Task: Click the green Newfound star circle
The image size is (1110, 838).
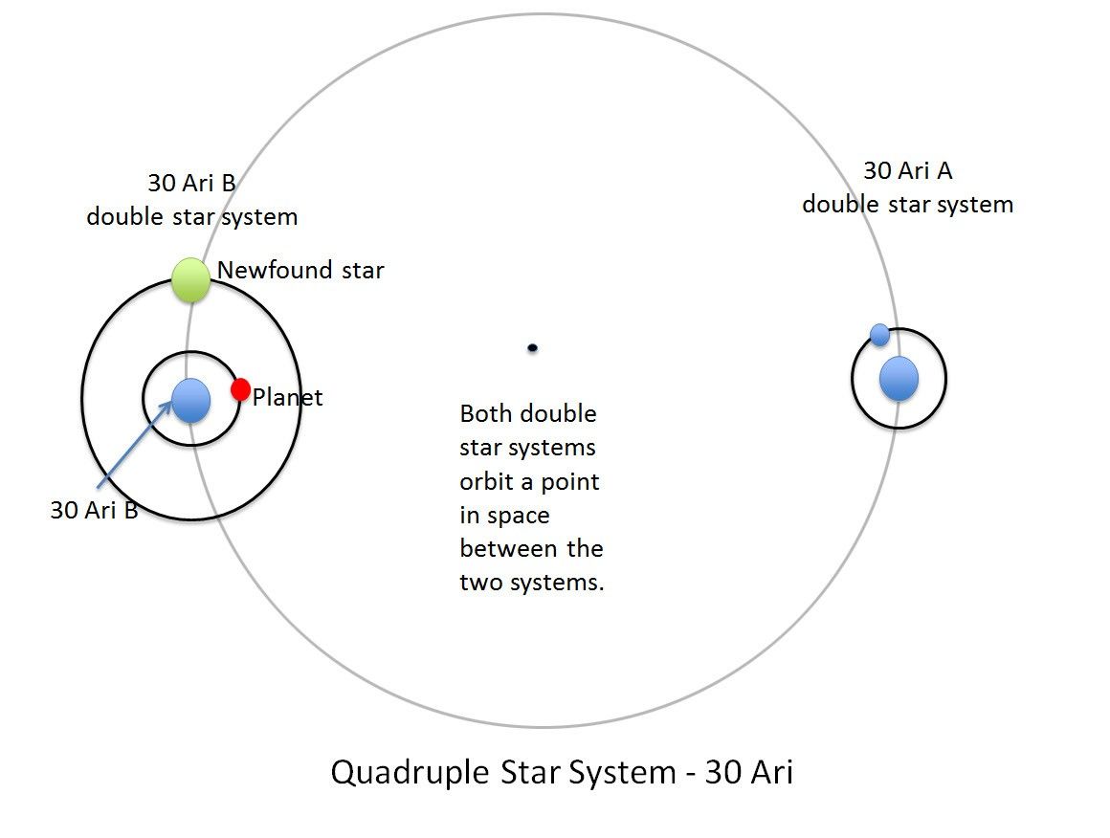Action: [190, 280]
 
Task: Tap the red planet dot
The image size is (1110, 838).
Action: [241, 389]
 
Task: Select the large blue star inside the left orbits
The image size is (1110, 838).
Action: [191, 400]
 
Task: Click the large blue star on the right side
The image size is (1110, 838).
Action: [899, 378]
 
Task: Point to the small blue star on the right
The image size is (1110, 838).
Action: [880, 335]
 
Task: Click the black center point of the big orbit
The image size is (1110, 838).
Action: [532, 347]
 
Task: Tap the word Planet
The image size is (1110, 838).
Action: [288, 398]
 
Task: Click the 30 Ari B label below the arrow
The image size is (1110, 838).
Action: [94, 510]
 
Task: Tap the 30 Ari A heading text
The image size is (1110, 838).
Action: [907, 171]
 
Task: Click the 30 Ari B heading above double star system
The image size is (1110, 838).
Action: [191, 183]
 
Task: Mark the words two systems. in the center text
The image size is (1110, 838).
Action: [532, 583]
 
